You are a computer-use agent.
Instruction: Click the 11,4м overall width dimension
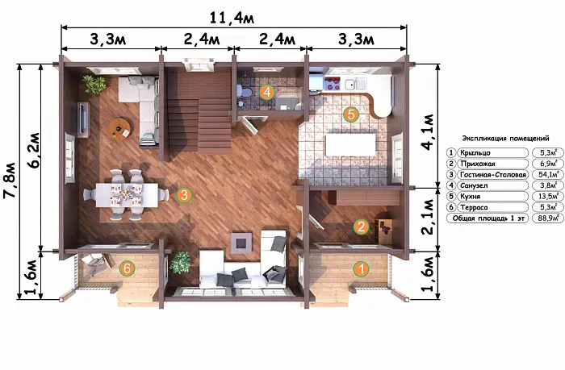232,18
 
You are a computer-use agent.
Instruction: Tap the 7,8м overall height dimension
10,181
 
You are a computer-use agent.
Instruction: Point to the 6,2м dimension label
34,151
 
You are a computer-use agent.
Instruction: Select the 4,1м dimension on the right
429,132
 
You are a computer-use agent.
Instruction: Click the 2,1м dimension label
429,217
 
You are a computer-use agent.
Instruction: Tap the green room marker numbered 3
184,195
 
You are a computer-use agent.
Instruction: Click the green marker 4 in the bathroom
266,92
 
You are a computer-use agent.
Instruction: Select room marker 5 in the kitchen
351,114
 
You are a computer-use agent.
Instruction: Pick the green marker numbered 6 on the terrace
127,268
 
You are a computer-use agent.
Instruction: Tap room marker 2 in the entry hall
361,227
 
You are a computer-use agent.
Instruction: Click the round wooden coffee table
120,128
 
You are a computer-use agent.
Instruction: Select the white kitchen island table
350,144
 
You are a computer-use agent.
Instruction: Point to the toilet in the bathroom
246,91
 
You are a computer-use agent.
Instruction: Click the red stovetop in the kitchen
333,84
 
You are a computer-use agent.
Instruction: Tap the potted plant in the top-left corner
94,84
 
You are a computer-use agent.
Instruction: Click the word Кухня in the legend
471,197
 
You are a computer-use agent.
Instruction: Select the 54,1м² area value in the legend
549,175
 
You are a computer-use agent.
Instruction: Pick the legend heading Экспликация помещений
505,139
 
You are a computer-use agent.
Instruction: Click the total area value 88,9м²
549,218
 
